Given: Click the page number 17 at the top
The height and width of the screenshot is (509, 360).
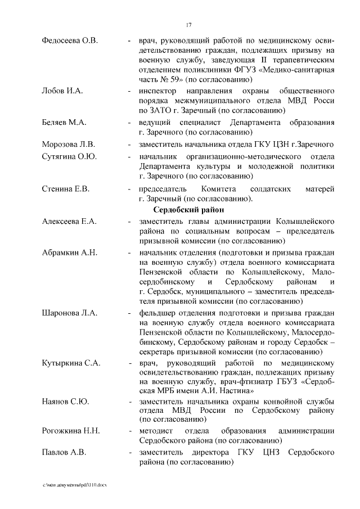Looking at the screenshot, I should (190, 25).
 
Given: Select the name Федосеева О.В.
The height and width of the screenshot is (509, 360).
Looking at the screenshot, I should (70, 40).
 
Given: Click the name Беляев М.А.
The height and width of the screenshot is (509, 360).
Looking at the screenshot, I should (64, 123).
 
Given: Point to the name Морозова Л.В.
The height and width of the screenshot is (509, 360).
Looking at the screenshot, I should (68, 145).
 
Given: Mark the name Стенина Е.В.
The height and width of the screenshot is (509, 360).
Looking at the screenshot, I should (66, 188).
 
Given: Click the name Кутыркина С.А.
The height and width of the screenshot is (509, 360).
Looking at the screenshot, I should (71, 363).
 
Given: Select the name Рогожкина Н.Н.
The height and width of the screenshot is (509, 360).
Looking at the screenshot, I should (71, 431).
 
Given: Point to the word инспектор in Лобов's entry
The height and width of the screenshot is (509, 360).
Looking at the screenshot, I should (158, 91).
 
